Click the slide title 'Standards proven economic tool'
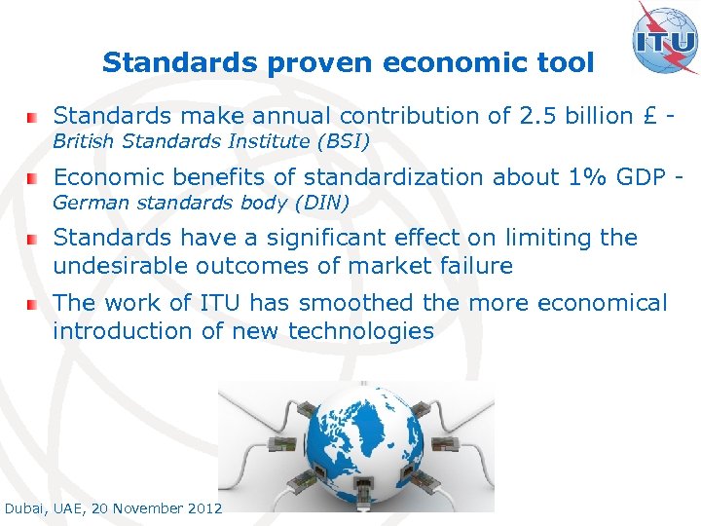(348, 63)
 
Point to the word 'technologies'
(367, 331)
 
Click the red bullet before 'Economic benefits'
(33, 178)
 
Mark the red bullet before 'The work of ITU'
(33, 304)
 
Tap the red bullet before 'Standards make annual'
(33, 117)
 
